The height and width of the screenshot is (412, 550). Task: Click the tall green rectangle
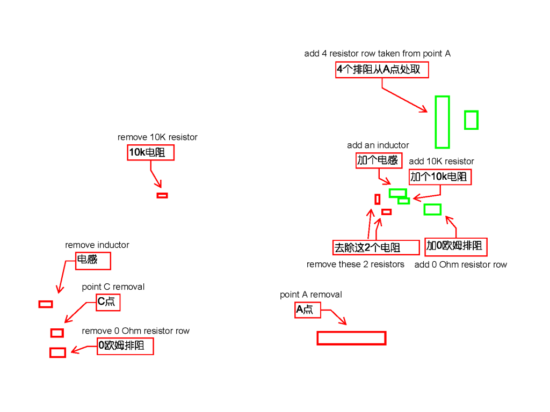click(442, 122)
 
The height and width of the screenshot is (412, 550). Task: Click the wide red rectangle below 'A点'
click(351, 338)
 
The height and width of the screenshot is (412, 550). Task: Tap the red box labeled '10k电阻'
click(151, 153)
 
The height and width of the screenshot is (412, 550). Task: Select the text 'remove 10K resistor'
click(157, 137)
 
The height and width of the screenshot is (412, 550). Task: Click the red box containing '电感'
click(93, 261)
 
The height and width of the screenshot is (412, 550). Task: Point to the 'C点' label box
click(107, 302)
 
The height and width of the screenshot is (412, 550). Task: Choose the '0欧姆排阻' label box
click(125, 346)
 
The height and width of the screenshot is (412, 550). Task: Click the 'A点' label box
click(307, 310)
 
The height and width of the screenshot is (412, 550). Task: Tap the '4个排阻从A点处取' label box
click(382, 70)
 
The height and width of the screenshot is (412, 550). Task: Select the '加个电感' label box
click(379, 160)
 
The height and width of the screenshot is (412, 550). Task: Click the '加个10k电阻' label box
click(440, 176)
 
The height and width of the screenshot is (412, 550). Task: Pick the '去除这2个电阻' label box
click(376, 247)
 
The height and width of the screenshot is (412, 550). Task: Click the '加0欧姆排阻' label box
click(456, 246)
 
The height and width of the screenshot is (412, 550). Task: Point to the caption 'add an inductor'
click(378, 145)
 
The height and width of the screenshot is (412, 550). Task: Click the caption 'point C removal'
click(113, 287)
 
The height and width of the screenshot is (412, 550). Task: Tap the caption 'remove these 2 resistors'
click(355, 264)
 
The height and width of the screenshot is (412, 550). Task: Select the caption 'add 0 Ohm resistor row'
click(460, 264)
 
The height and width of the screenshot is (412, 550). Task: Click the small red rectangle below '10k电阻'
click(162, 195)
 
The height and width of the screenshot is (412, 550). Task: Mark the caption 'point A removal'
click(310, 295)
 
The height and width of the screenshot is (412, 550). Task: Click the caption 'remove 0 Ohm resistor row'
click(135, 331)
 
